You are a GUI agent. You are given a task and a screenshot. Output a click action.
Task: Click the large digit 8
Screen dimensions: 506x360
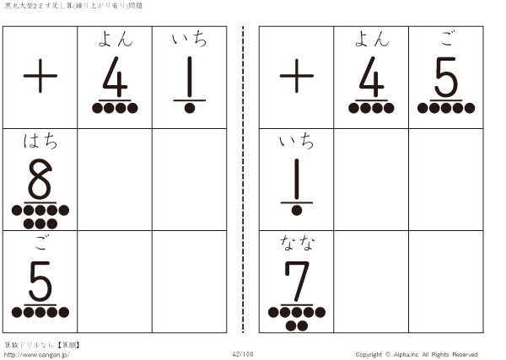click(40, 179)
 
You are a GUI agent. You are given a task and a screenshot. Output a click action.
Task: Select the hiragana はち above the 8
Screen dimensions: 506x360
click(40, 142)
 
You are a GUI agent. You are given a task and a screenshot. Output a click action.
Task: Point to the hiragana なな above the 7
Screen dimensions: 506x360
click(297, 243)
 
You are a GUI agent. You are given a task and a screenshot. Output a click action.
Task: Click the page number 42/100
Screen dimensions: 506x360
click(243, 354)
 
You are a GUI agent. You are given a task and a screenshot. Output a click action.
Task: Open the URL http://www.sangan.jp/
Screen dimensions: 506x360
click(36, 355)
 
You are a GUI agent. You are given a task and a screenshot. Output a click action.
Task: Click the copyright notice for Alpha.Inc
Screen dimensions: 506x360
click(417, 354)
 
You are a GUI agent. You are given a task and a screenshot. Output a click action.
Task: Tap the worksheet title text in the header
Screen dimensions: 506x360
click(73, 6)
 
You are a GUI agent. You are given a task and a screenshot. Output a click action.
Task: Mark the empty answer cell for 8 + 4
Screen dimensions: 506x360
click(115, 180)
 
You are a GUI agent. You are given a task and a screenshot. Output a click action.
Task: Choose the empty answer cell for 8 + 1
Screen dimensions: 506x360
click(190, 180)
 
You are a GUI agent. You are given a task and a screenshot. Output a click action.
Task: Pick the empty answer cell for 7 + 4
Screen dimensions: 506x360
click(371, 282)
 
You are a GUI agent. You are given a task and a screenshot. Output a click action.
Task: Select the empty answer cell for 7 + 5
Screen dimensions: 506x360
click(446, 282)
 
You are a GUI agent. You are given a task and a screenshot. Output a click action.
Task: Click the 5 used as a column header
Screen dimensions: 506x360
click(446, 77)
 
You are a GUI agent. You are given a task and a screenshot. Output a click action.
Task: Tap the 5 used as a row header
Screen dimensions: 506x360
click(40, 281)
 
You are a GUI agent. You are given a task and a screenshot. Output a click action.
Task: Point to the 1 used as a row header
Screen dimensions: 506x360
click(297, 179)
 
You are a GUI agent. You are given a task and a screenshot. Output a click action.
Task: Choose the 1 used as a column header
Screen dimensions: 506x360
click(190, 77)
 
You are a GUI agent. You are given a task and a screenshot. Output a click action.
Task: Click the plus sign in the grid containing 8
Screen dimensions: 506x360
click(40, 76)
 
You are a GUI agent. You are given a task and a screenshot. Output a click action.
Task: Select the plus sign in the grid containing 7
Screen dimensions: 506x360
click(297, 76)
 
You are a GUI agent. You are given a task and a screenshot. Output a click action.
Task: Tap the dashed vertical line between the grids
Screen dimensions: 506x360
click(243, 180)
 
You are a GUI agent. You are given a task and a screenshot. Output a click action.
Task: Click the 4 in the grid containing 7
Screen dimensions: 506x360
click(372, 77)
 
